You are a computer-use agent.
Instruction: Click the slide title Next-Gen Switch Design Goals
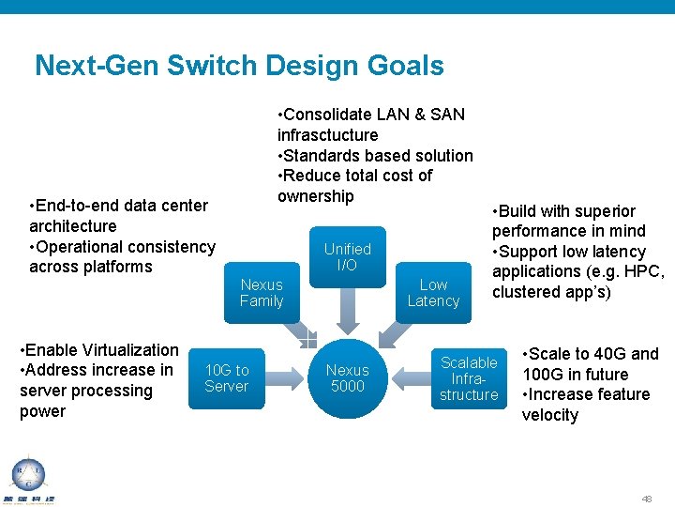(x=239, y=66)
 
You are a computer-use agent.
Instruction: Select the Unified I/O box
(x=347, y=257)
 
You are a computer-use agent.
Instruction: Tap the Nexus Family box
(x=262, y=293)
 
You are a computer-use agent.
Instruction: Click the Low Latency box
(x=433, y=293)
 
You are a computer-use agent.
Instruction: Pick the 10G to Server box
(x=226, y=378)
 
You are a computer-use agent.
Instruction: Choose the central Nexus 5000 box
(x=347, y=378)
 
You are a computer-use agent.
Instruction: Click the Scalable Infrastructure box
(x=469, y=378)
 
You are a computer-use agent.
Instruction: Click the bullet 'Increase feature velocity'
(x=586, y=405)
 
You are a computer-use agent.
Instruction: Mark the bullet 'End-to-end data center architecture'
(x=117, y=216)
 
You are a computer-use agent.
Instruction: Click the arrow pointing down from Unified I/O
(x=347, y=310)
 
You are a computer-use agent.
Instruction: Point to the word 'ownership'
(x=316, y=196)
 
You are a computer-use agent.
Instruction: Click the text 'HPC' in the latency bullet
(x=642, y=272)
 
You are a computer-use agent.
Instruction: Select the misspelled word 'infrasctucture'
(x=328, y=135)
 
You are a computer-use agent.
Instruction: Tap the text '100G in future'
(x=575, y=375)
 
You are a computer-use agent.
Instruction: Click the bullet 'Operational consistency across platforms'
(x=122, y=256)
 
